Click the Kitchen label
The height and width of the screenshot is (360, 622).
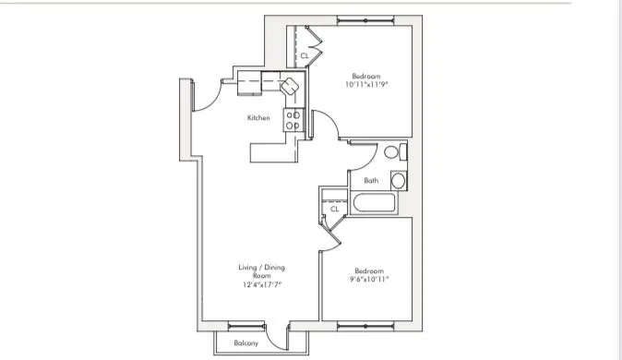point(258,118)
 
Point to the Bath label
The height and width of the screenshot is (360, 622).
point(371,181)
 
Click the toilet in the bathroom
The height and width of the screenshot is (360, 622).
point(392,152)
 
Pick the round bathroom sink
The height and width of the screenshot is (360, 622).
point(400,180)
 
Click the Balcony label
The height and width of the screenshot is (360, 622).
point(245,343)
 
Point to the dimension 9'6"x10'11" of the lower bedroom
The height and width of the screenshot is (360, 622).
point(369,279)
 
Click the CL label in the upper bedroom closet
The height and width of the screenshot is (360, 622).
point(305,56)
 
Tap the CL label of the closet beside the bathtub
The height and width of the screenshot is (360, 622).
point(334,210)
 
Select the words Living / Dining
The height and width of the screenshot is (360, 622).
point(262,268)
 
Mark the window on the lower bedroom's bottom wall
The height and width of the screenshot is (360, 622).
point(366,323)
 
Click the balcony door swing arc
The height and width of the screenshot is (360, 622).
point(276,333)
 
